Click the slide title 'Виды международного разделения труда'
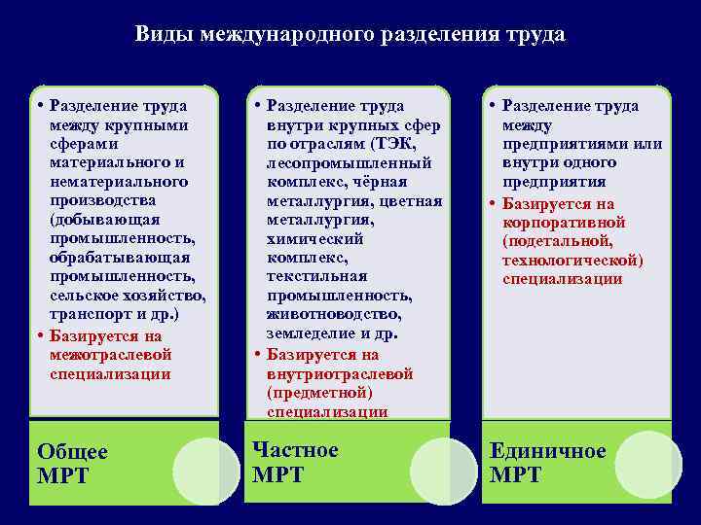tap(350, 34)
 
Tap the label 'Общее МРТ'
tap(72, 464)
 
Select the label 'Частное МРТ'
tap(295, 462)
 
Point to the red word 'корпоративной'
tap(564, 223)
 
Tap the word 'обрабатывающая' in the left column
tap(119, 258)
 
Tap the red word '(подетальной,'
tap(557, 241)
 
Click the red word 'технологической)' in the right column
tap(572, 260)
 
